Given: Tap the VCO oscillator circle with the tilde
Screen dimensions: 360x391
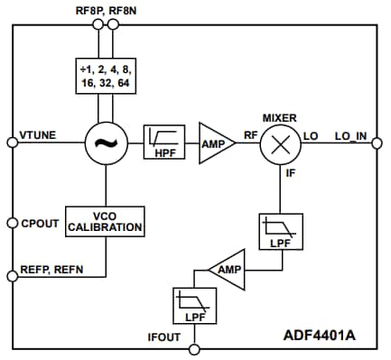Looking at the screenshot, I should pos(105,143).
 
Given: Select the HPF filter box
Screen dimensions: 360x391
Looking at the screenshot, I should pos(164,143).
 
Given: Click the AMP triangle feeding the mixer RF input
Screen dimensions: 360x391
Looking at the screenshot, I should pos(215,143).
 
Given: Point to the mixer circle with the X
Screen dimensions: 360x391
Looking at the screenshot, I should pos(280,143).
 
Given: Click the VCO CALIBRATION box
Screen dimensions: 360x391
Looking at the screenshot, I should pos(105,221).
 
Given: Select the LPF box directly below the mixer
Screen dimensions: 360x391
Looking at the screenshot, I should pos(275,231).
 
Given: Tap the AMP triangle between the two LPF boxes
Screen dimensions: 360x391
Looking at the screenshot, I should pos(226,268).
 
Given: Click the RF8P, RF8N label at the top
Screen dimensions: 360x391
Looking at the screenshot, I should pos(105,9).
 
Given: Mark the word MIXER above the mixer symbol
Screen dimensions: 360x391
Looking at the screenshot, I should pos(279,117).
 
